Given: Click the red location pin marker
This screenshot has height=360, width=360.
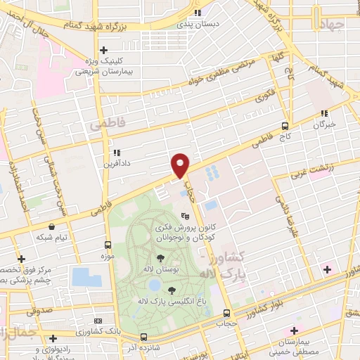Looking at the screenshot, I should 181,165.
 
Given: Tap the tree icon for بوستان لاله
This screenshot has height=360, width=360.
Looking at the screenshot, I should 161,257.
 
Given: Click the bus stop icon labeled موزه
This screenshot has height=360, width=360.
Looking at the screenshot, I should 108,245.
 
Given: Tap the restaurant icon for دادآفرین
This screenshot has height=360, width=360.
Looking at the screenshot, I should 116,153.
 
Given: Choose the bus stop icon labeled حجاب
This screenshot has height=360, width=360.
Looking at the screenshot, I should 226,313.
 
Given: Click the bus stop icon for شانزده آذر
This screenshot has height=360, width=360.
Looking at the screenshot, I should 144,337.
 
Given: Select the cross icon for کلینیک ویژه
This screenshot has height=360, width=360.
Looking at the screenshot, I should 104,50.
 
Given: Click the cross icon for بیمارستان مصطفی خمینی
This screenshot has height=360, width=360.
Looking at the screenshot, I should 294,330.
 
